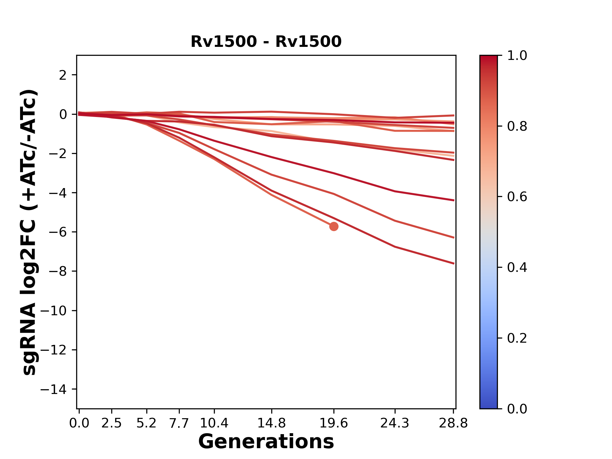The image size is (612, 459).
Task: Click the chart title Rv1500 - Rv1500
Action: [266, 42]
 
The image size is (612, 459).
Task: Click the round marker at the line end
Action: [334, 227]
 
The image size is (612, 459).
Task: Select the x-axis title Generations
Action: [266, 442]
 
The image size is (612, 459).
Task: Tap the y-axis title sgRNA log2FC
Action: [29, 232]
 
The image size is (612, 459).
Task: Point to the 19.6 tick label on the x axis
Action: [334, 423]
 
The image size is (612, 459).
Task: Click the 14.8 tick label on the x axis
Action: [271, 423]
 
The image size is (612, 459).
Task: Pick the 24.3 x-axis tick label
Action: [395, 423]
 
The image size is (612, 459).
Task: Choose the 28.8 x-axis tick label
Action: [453, 423]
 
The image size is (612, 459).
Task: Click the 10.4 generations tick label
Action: [214, 423]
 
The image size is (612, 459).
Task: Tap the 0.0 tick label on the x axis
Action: [79, 423]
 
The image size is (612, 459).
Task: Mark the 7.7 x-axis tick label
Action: [179, 423]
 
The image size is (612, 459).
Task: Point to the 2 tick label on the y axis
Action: [63, 75]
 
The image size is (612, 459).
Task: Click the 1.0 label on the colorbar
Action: [517, 56]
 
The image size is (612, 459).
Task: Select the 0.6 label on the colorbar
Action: [517, 197]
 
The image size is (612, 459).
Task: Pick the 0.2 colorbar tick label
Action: [517, 338]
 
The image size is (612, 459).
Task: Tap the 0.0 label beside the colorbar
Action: [517, 409]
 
